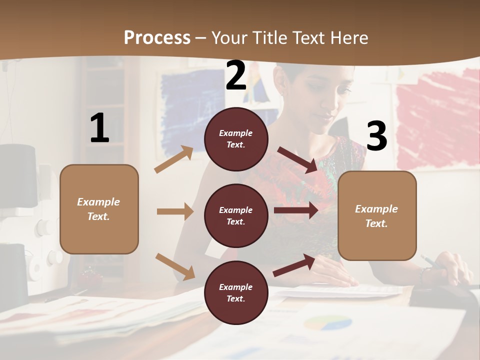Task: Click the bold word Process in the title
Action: click(157, 37)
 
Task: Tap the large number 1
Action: click(99, 128)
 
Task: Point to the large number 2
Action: click(236, 75)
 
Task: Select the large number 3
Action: click(376, 136)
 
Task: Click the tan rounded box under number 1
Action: click(99, 209)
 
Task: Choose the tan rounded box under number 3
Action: click(376, 215)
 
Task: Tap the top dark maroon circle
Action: click(236, 139)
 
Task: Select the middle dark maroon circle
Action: click(236, 215)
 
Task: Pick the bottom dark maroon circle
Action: click(236, 292)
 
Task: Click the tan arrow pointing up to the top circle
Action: click(174, 159)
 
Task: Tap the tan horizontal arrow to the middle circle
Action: click(175, 211)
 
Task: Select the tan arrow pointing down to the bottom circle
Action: click(175, 266)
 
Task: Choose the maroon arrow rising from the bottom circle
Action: click(294, 265)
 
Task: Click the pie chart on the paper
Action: click(320, 323)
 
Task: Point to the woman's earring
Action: click(281, 93)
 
